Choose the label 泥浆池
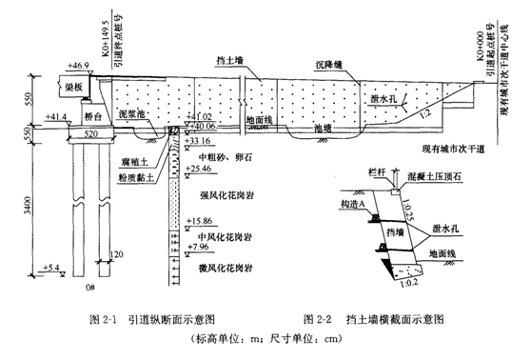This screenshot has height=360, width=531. coord(130,111)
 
